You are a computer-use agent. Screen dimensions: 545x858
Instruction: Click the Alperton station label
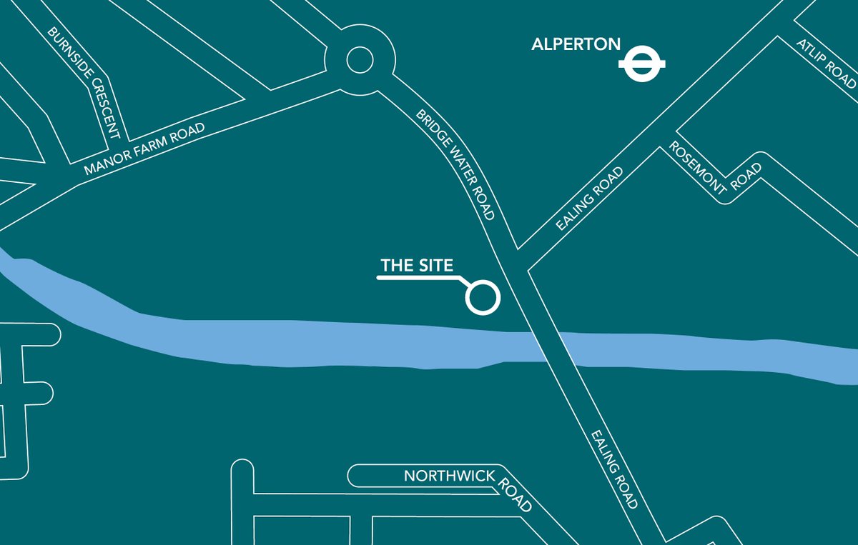[576, 44]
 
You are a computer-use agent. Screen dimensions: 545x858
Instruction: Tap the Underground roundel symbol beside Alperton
[642, 64]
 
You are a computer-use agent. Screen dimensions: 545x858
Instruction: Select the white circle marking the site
[482, 296]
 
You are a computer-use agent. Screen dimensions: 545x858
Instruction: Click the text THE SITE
[417, 266]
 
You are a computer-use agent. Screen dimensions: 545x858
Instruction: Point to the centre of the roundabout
[360, 60]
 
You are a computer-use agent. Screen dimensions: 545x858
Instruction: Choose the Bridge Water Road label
[455, 164]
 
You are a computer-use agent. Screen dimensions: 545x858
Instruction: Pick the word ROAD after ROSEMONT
[749, 175]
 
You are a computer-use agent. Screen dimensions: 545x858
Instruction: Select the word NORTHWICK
[448, 476]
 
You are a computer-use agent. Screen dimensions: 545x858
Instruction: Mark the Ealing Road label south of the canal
[614, 469]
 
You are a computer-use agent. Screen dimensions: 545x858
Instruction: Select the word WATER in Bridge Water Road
[458, 166]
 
